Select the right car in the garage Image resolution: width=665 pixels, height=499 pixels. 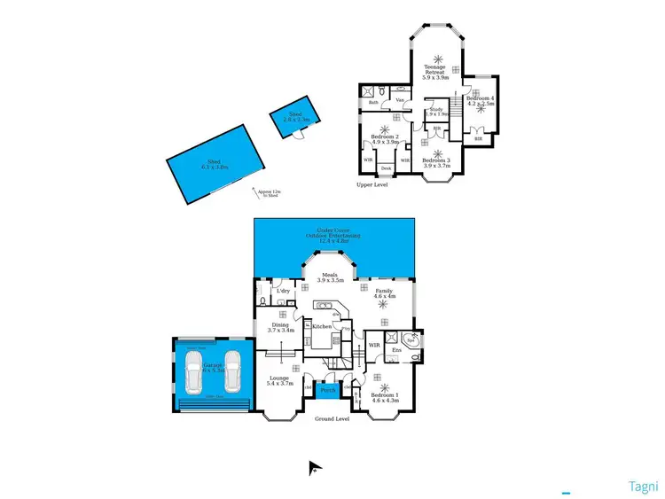(232, 371)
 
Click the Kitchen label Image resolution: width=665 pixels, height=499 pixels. (321, 327)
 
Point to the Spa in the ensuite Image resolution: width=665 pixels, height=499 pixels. (411, 339)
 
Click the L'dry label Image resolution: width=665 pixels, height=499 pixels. (284, 291)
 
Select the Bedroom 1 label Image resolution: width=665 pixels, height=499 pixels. (385, 396)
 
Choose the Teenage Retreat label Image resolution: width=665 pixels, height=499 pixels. (434, 71)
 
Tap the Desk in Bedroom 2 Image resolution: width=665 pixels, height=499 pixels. (386, 168)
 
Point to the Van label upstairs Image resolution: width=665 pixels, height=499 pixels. (401, 101)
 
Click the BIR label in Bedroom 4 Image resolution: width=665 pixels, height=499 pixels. (478, 138)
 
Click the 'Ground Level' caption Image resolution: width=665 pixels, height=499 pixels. (332, 419)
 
